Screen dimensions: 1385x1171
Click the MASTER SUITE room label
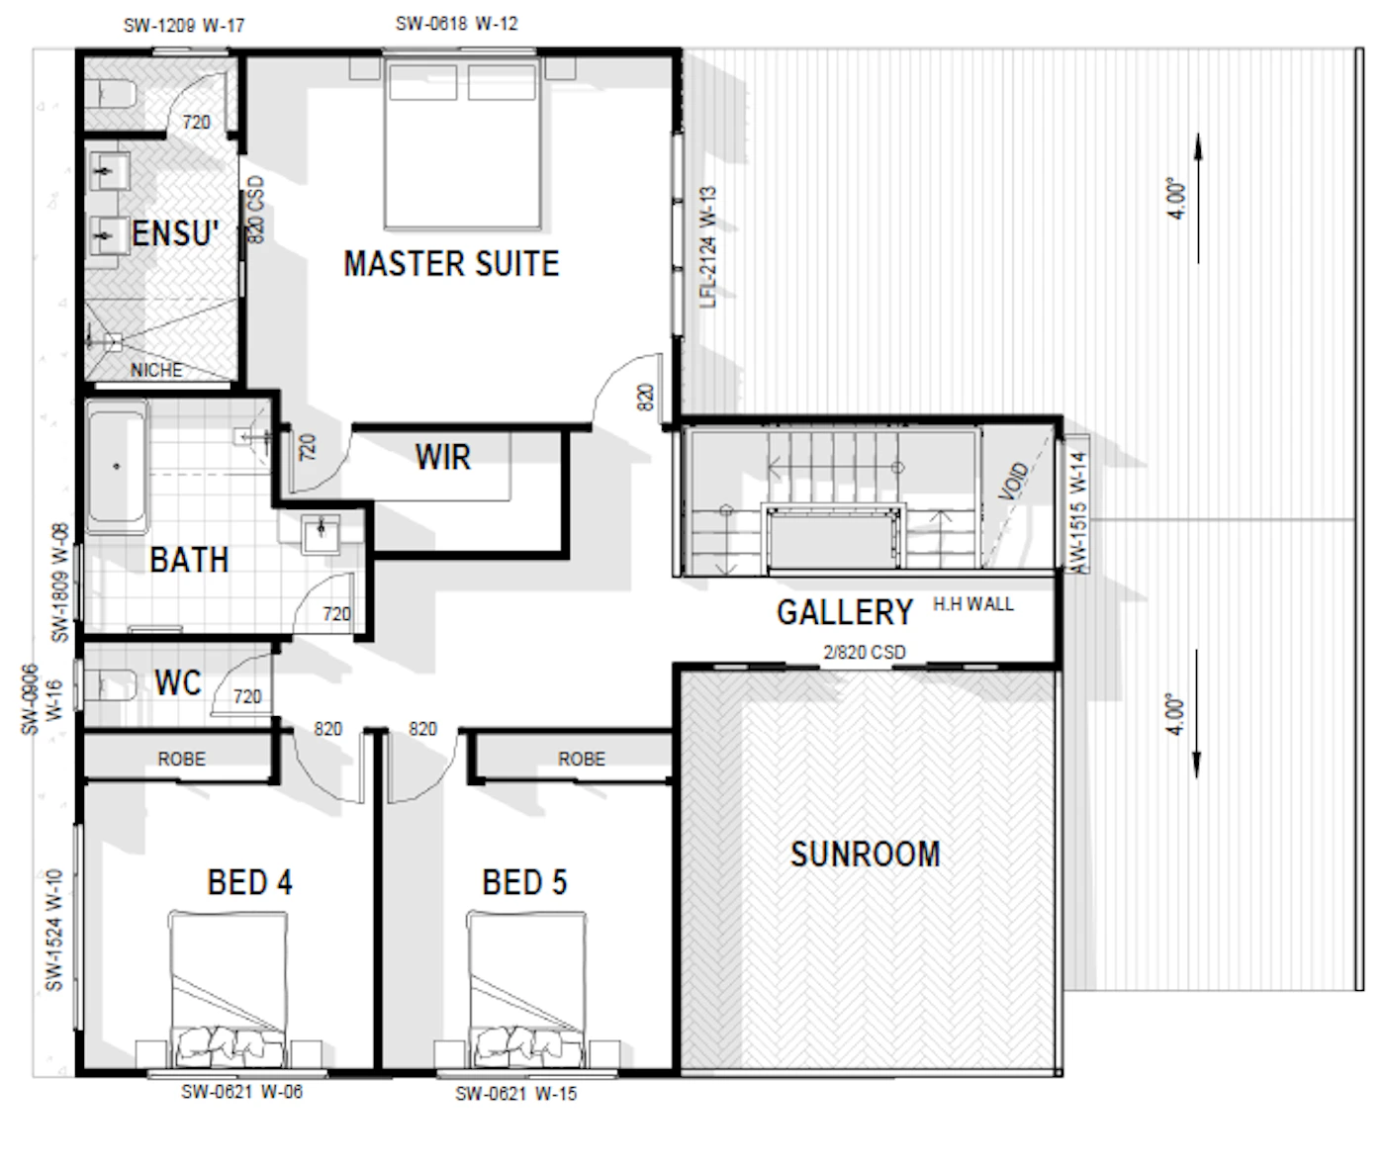(451, 263)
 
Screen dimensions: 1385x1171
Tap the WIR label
(443, 457)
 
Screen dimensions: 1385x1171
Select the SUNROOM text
(866, 855)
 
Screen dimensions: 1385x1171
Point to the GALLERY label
(845, 612)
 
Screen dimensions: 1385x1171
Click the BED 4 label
(250, 882)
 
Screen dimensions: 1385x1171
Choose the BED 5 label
(524, 882)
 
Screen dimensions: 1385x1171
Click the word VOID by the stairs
(1013, 481)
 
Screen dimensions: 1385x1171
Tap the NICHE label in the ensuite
(156, 371)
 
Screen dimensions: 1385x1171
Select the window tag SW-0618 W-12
(457, 24)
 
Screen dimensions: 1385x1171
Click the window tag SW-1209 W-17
(184, 26)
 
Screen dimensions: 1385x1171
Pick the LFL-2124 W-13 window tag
(708, 247)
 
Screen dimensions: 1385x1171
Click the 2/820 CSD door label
(865, 653)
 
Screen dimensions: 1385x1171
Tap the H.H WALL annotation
(973, 604)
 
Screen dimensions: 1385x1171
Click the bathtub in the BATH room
(118, 466)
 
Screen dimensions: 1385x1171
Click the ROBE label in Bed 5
(582, 759)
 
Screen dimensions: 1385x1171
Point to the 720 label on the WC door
(247, 697)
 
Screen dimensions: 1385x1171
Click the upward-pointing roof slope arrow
(1198, 199)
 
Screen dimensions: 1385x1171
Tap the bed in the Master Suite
(462, 143)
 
